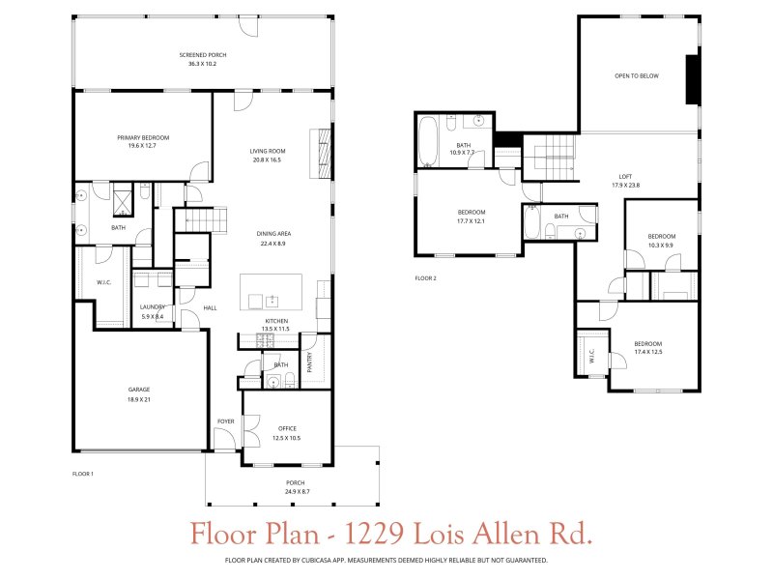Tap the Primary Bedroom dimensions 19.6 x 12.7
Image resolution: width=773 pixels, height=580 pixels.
pyautogui.click(x=136, y=146)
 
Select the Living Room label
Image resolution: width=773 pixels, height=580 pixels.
pyautogui.click(x=267, y=151)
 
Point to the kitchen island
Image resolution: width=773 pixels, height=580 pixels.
pyautogui.click(x=271, y=291)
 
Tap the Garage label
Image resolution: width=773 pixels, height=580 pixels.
pyautogui.click(x=139, y=390)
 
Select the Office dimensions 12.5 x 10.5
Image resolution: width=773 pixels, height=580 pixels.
pyautogui.click(x=287, y=438)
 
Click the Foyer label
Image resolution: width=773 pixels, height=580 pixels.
pyautogui.click(x=225, y=420)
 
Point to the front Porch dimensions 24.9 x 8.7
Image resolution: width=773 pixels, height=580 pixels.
pyautogui.click(x=295, y=492)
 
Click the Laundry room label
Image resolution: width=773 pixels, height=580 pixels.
pyautogui.click(x=153, y=306)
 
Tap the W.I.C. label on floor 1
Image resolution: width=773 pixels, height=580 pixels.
pyautogui.click(x=105, y=283)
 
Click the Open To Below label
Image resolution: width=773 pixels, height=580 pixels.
pyautogui.click(x=637, y=75)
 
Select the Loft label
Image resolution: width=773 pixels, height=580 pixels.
pyautogui.click(x=626, y=176)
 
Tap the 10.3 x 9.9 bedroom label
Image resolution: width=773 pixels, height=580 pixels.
pyautogui.click(x=661, y=236)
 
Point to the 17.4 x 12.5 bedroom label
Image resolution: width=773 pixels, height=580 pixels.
pyautogui.click(x=647, y=344)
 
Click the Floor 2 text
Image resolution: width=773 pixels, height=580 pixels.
pyautogui.click(x=425, y=278)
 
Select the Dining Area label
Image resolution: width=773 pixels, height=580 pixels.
pyautogui.click(x=274, y=234)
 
